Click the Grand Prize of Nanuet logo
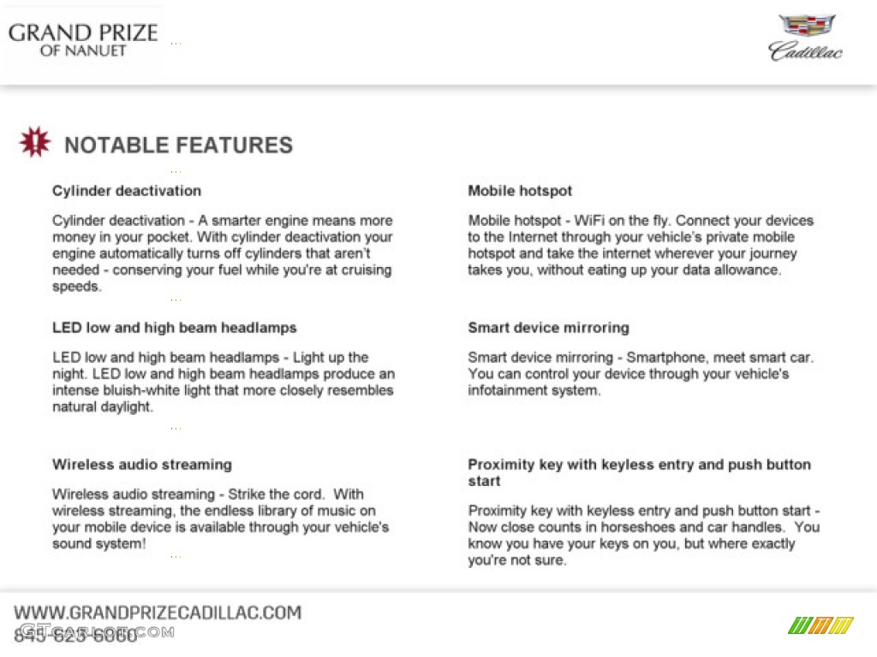coord(83,39)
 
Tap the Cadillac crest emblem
coord(805,26)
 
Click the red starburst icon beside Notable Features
coord(35,143)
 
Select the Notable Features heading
coord(178,145)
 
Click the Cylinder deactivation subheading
coord(127,191)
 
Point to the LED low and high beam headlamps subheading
coord(175,328)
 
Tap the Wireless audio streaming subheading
coord(142,465)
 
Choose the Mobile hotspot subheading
coord(520,191)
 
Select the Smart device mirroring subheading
coord(548,328)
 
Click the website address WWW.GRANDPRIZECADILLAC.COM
coord(158,613)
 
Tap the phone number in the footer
coord(75,635)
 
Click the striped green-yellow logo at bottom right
coord(820,625)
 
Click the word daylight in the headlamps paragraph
coord(127,407)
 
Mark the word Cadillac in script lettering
coord(805,51)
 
